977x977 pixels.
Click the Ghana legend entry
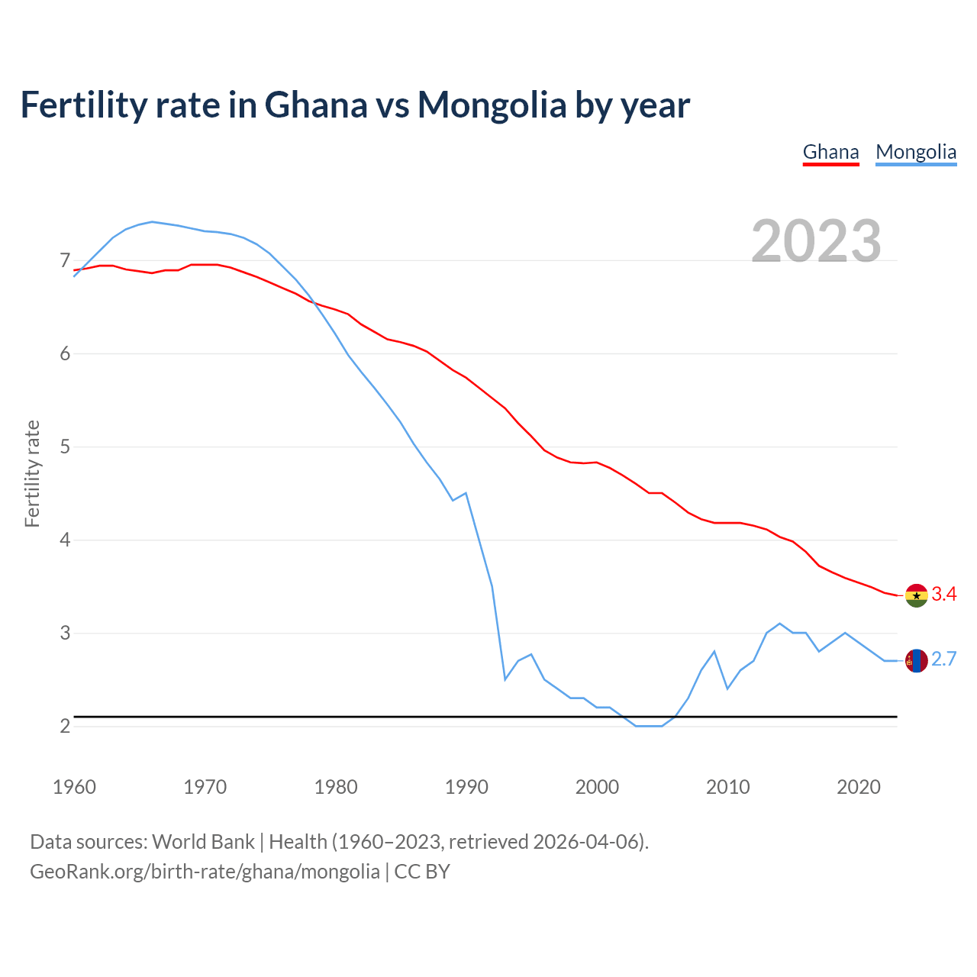[830, 152]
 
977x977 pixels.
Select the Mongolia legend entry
[916, 152]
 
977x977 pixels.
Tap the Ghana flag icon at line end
[916, 595]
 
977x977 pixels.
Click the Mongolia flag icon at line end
[916, 660]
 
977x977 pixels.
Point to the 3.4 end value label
[944, 595]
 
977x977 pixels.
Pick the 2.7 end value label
[944, 659]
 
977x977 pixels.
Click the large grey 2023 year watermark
[816, 241]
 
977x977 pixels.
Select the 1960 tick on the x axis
[74, 787]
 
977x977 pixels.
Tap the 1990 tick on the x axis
[466, 787]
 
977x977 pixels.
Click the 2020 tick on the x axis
[859, 787]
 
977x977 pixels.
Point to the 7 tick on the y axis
[65, 261]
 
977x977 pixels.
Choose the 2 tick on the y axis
[65, 726]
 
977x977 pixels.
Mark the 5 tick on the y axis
[65, 447]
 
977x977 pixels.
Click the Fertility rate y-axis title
[32, 473]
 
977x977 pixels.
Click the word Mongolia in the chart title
[492, 105]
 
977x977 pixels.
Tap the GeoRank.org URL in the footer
[205, 872]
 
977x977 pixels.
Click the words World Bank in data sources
[203, 842]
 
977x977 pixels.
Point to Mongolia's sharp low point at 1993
[505, 679]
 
